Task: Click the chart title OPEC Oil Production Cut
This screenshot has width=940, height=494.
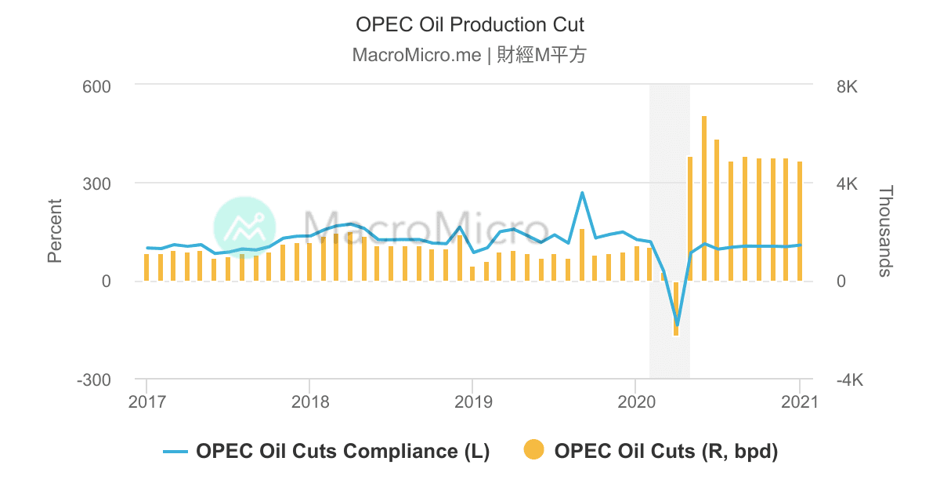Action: (470, 24)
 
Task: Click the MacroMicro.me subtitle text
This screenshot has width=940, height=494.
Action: (470, 56)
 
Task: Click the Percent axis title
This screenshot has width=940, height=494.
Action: (55, 231)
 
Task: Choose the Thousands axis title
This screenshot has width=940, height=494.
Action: (885, 231)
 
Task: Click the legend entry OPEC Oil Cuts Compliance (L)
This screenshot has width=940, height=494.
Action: (327, 452)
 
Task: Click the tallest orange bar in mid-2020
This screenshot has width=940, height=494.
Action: (704, 198)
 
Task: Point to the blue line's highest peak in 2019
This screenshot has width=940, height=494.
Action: (582, 193)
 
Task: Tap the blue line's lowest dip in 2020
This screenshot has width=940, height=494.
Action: (677, 325)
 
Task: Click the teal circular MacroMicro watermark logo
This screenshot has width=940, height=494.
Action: (244, 227)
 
